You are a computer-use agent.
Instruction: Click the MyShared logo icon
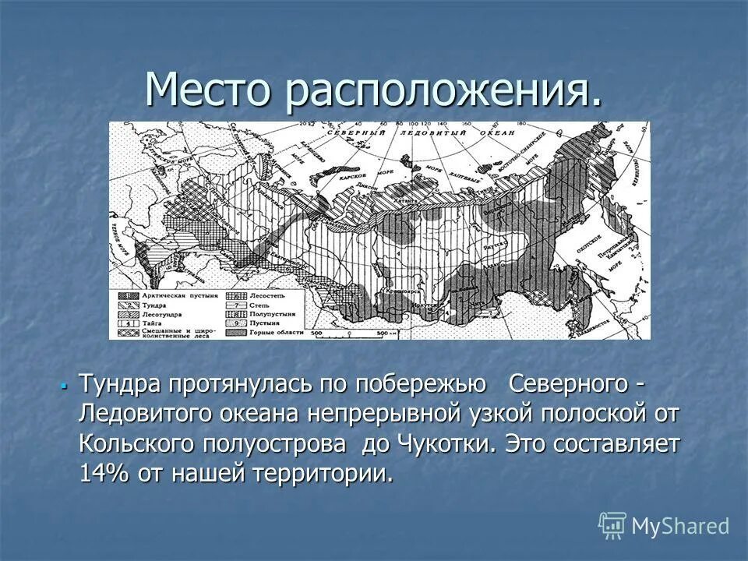point(612,526)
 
